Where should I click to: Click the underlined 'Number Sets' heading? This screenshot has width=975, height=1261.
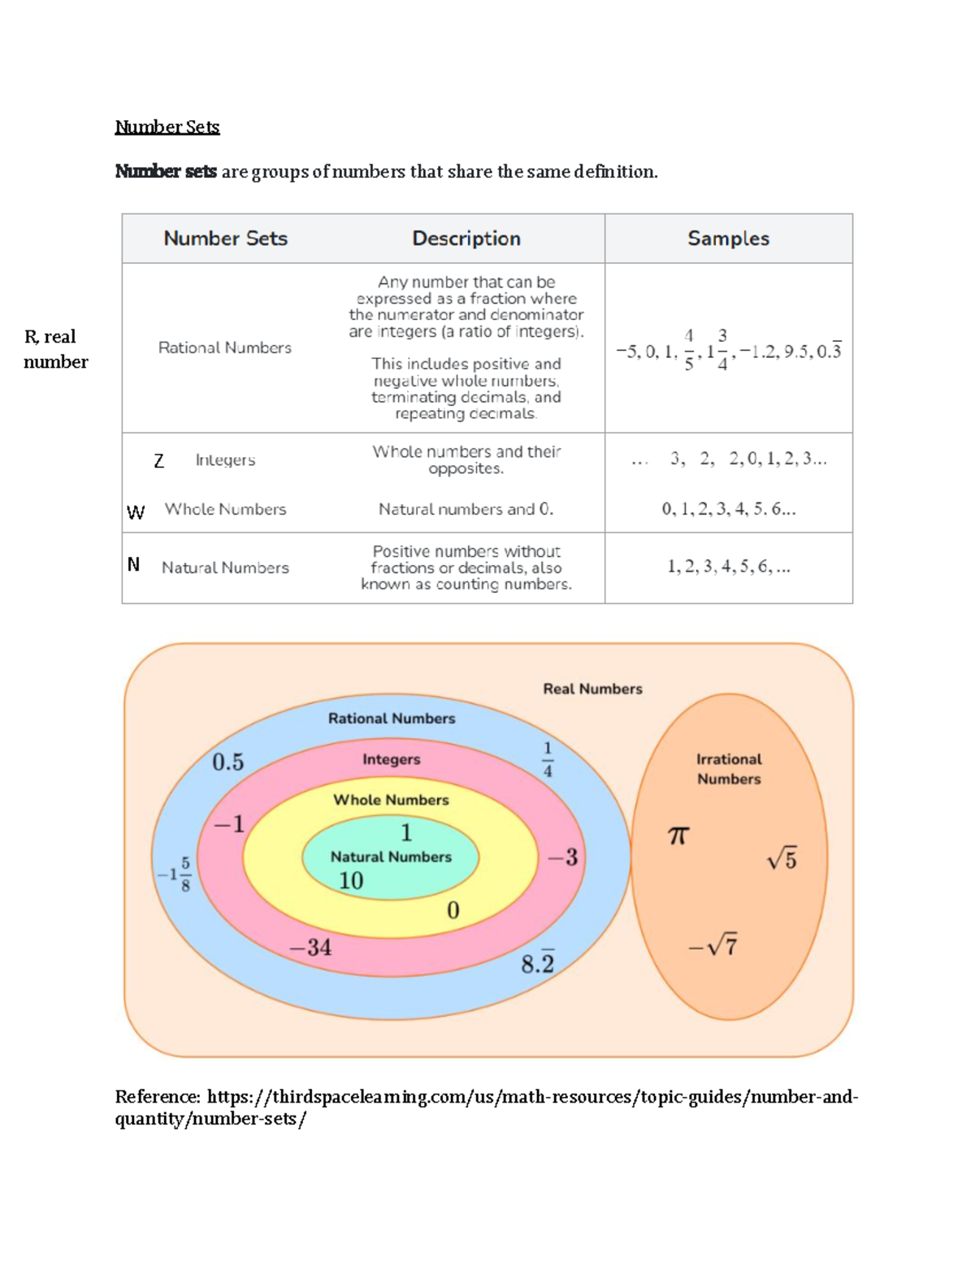pos(167,127)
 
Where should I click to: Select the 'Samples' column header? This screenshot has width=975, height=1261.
pos(728,238)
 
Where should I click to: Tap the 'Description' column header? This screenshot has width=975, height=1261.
pos(466,238)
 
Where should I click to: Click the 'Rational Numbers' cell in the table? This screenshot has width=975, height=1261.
pos(224,348)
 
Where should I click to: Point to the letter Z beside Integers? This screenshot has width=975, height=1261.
pos(158,461)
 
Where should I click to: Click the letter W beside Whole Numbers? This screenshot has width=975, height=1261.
pos(136,512)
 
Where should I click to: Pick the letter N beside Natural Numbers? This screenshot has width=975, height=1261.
pos(134,564)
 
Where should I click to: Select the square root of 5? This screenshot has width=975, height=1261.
pos(782,858)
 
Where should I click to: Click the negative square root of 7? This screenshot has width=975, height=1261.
pos(713,946)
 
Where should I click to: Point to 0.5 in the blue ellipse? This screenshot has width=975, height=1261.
pos(227,762)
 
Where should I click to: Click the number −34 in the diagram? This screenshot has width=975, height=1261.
pos(310,947)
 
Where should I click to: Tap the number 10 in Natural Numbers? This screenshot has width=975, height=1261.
pos(351,880)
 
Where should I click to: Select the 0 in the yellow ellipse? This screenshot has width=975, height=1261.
pos(453,910)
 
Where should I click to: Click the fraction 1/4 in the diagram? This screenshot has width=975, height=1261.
pos(548,758)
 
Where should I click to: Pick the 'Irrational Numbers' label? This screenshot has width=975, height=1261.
pos(729,769)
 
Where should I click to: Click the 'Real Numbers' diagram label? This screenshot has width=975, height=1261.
pos(592,689)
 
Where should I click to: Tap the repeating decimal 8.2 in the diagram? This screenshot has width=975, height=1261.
pos(537,963)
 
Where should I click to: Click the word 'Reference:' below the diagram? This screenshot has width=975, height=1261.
pos(158,1097)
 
